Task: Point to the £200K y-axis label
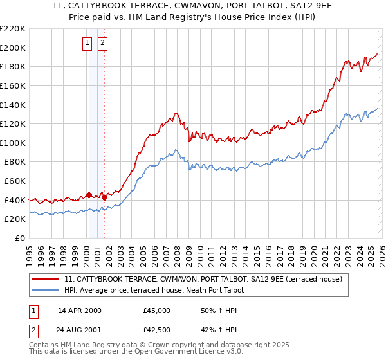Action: [13, 48]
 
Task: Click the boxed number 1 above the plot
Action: [87, 43]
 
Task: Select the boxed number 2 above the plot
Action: [103, 43]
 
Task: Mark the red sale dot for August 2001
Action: [104, 197]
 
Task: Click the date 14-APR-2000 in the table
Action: [80, 310]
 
